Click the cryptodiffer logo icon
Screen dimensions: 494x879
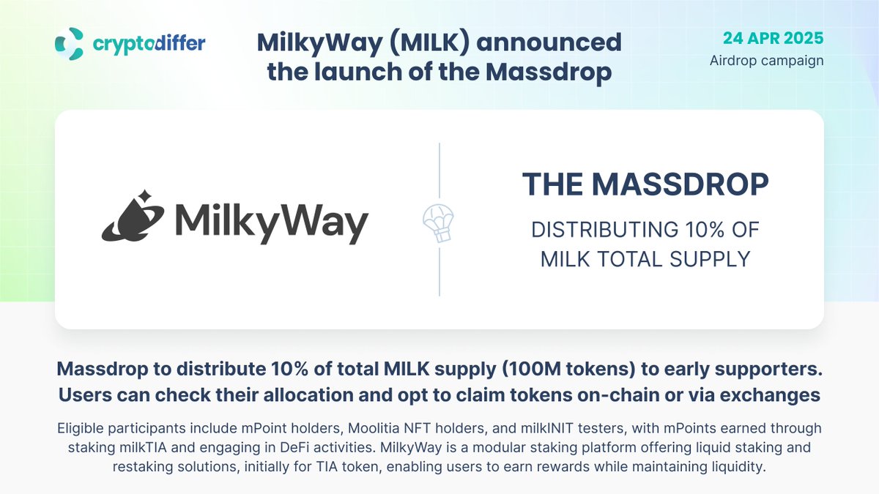pos(70,44)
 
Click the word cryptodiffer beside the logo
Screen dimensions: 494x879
pos(149,45)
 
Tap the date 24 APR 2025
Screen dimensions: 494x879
pos(773,37)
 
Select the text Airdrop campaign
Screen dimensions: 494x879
pos(766,60)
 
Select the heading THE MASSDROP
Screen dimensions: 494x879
pos(645,184)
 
